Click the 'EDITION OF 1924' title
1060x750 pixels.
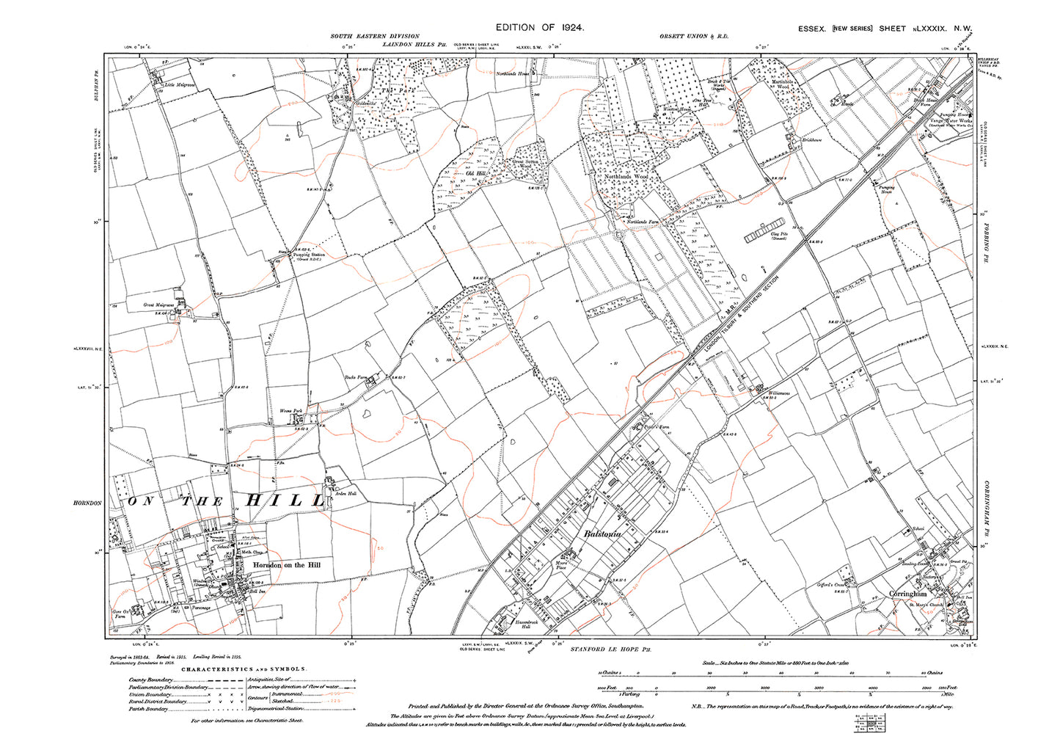point(539,27)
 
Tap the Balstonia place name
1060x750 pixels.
point(602,534)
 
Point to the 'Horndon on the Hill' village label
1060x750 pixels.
point(287,565)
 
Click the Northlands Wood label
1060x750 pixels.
point(626,177)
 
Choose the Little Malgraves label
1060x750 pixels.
point(180,85)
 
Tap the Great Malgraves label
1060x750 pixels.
point(158,304)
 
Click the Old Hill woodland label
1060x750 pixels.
point(478,175)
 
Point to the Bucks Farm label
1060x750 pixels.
point(355,379)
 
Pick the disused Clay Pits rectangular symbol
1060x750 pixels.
point(765,233)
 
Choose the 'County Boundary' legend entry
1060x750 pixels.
point(150,680)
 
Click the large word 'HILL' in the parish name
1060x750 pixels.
point(284,501)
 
